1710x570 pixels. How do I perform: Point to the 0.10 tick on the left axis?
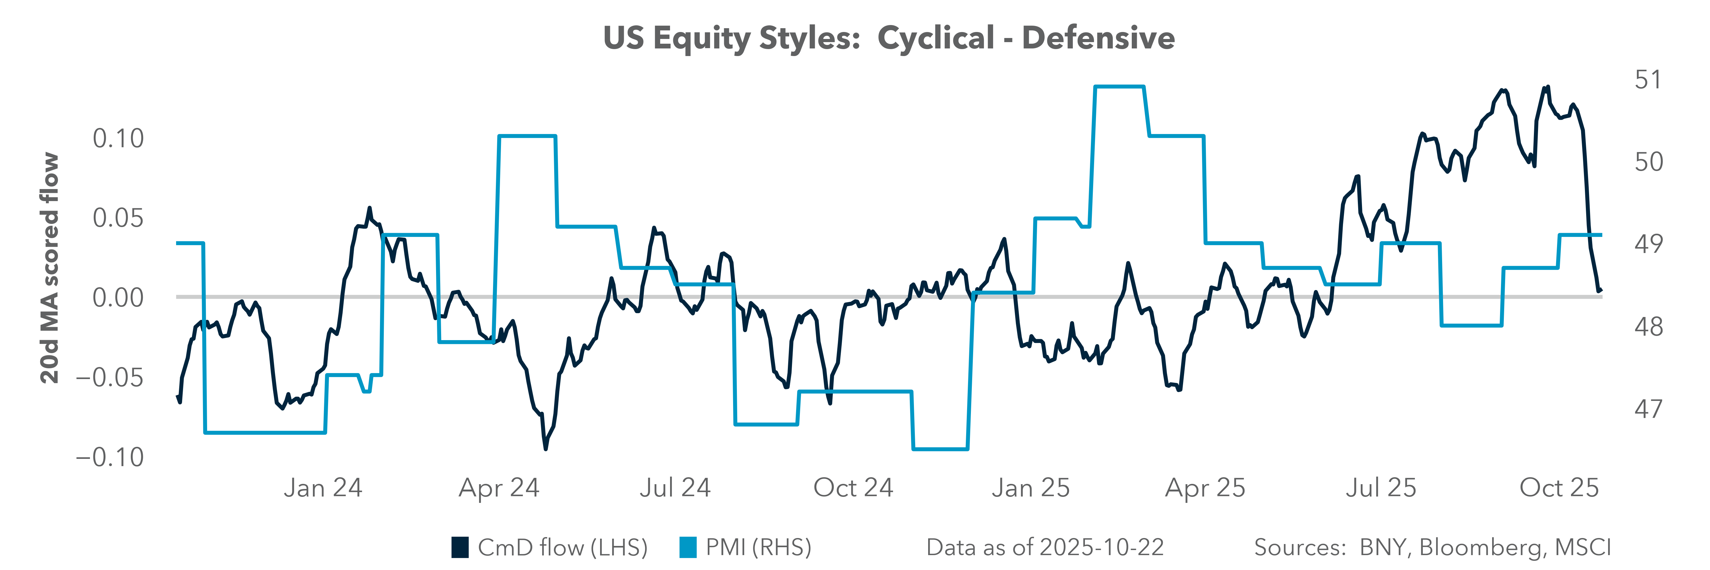[x=118, y=139]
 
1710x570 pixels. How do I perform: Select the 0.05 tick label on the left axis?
[x=118, y=218]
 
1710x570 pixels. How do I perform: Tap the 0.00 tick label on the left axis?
[x=118, y=298]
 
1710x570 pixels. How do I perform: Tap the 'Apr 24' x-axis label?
[x=499, y=488]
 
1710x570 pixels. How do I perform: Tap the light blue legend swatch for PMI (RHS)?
[x=688, y=548]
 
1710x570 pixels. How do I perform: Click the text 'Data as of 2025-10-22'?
[x=1045, y=548]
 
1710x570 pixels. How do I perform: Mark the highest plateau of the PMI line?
[x=1119, y=86]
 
